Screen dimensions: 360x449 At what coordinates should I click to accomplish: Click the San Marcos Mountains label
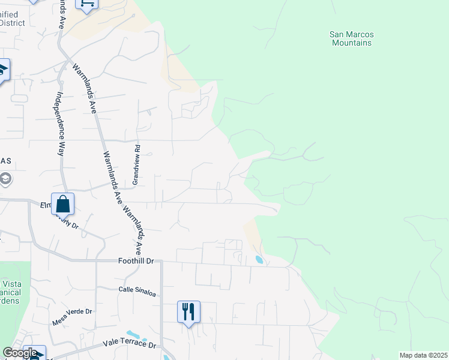(x=351, y=38)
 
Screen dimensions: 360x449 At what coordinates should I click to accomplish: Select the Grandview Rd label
(x=137, y=164)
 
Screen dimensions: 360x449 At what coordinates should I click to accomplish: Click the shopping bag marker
(x=63, y=205)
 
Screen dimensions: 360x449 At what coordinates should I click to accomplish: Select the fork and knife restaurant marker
(x=188, y=311)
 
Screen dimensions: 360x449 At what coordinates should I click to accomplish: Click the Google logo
(x=20, y=353)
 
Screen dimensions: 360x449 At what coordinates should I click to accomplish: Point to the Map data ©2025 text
(x=423, y=355)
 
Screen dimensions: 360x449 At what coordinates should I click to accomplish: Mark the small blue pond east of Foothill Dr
(x=259, y=260)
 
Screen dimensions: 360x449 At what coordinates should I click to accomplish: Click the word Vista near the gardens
(x=12, y=284)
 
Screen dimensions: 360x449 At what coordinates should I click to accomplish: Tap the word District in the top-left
(x=12, y=23)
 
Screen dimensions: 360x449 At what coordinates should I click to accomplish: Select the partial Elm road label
(x=46, y=205)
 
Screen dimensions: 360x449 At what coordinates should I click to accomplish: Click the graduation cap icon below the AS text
(x=5, y=179)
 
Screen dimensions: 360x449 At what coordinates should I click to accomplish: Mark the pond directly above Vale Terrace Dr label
(x=132, y=334)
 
